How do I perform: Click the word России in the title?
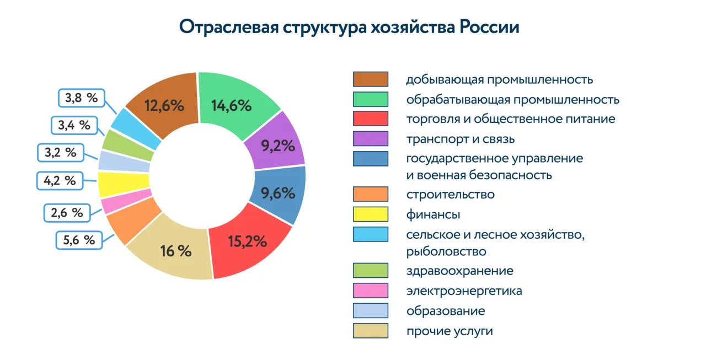pyautogui.click(x=489, y=27)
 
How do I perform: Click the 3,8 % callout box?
pyautogui.click(x=82, y=98)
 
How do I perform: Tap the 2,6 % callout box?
pyautogui.click(x=67, y=213)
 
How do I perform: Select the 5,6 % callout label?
pyautogui.click(x=79, y=240)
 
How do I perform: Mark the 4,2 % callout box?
pyautogui.click(x=60, y=181)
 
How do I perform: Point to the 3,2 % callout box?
pyautogui.click(x=61, y=153)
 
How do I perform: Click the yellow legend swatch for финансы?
pyautogui.click(x=370, y=214)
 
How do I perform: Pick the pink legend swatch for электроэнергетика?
pyautogui.click(x=370, y=291)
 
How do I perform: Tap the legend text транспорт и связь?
pyautogui.click(x=461, y=139)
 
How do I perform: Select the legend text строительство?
pyautogui.click(x=451, y=194)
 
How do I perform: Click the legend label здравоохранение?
pyautogui.click(x=460, y=271)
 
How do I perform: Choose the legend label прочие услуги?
pyautogui.click(x=450, y=331)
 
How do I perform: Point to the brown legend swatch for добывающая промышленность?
pyautogui.click(x=370, y=79)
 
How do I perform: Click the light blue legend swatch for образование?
pyautogui.click(x=370, y=310)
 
